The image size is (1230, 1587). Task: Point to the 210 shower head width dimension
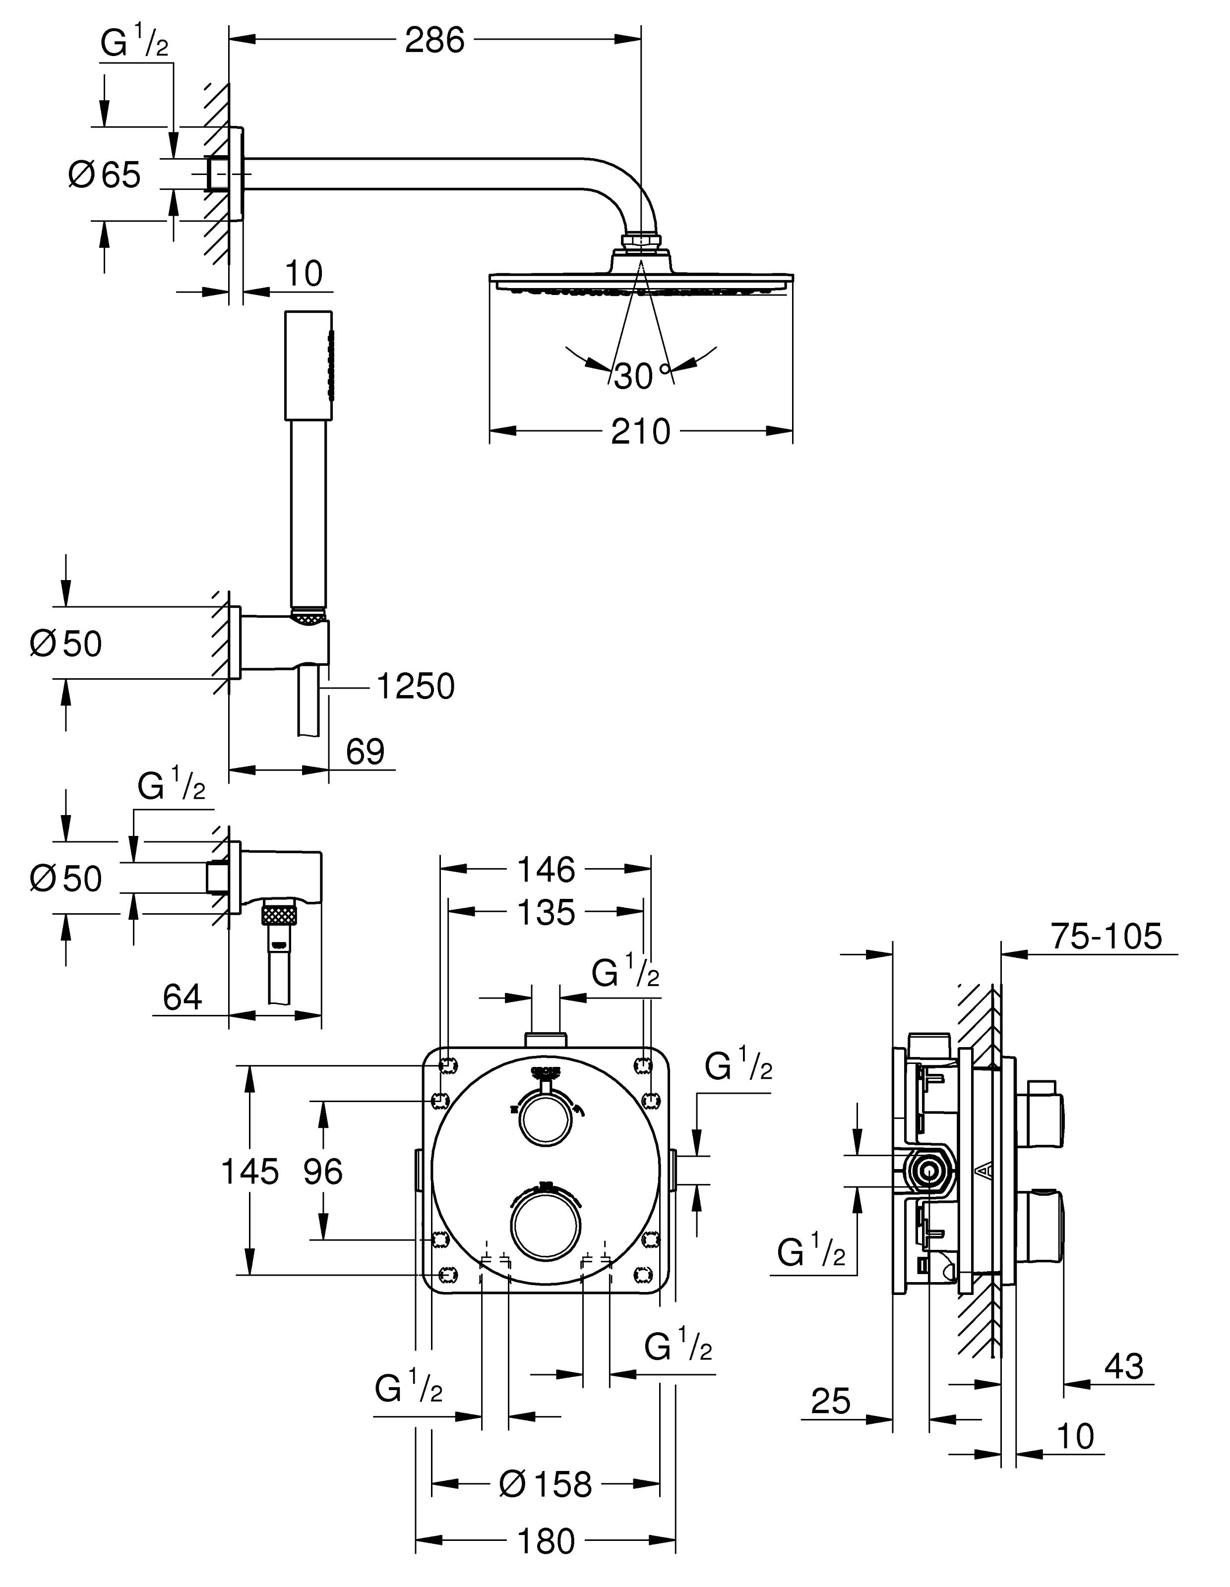pos(640,432)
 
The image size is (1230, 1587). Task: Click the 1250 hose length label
pos(416,686)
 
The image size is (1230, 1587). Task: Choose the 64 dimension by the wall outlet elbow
pos(183,997)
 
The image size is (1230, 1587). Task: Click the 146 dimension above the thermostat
pos(546,869)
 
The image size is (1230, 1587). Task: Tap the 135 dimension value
pos(546,913)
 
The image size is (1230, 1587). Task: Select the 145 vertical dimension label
pos(249,1172)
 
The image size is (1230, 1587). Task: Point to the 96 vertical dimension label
pos(323,1172)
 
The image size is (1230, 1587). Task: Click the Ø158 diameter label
pos(546,1484)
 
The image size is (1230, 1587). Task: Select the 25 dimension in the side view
pos(830,1401)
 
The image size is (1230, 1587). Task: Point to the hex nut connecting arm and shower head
pos(640,240)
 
